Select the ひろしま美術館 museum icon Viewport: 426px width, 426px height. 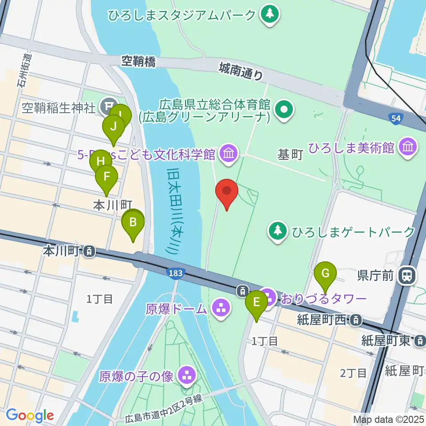click(407, 147)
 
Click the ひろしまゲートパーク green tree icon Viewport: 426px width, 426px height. click(278, 231)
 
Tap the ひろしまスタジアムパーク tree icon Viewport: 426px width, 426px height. click(269, 15)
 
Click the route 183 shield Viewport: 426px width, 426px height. click(175, 273)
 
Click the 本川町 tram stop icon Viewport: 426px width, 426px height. click(89, 252)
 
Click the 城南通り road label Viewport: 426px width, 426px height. click(241, 71)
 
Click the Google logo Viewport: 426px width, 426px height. click(30, 415)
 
